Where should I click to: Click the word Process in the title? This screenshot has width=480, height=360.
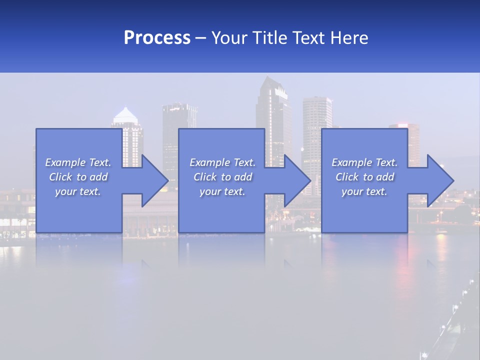pyautogui.click(x=157, y=38)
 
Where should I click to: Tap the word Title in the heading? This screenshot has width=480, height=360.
pyautogui.click(x=270, y=38)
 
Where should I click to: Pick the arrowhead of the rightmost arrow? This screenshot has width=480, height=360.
pyautogui.click(x=439, y=180)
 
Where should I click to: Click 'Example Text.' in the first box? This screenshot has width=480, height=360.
pyautogui.click(x=78, y=162)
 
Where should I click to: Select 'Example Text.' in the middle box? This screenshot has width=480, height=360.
pyautogui.click(x=222, y=162)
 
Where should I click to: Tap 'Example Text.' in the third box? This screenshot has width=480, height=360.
pyautogui.click(x=364, y=162)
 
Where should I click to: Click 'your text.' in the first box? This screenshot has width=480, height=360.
pyautogui.click(x=78, y=191)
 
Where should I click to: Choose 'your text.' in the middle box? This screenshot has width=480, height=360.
pyautogui.click(x=222, y=191)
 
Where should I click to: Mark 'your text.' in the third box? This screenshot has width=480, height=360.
pyautogui.click(x=364, y=191)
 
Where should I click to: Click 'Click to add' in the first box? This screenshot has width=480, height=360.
pyautogui.click(x=78, y=177)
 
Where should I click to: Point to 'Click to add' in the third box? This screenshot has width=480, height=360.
pyautogui.click(x=364, y=177)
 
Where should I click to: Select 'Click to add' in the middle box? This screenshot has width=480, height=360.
pyautogui.click(x=222, y=177)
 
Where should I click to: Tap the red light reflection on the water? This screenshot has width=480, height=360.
pyautogui.click(x=403, y=270)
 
